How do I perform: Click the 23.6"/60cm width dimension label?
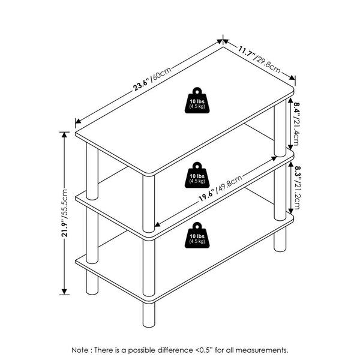point(152,79)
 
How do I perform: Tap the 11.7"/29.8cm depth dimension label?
point(259,59)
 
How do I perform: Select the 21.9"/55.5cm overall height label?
point(65,213)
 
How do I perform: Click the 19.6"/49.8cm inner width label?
point(220,188)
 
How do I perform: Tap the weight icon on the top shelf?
point(197,100)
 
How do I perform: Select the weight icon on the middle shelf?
point(197,175)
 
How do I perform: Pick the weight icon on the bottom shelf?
point(197,235)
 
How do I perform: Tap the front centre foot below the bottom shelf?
point(149,315)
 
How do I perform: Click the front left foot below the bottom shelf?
point(92,282)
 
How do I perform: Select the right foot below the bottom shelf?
point(280,239)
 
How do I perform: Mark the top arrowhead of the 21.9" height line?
point(64,134)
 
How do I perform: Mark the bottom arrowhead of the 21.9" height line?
point(64,292)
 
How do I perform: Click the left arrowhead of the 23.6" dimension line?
point(78,121)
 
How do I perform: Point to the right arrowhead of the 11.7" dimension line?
point(292,77)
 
